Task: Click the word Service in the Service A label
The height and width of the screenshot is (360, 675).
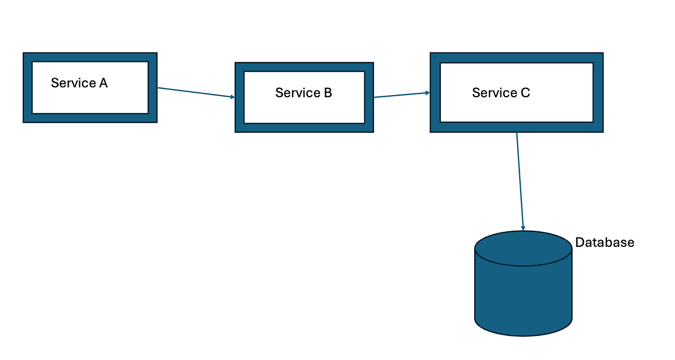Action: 73,83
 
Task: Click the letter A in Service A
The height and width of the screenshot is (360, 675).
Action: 103,83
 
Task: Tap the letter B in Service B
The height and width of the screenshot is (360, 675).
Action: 327,93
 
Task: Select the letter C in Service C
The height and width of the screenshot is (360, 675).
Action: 525,93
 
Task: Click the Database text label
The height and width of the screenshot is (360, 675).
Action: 604,242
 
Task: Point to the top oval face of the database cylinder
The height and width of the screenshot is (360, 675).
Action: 523,249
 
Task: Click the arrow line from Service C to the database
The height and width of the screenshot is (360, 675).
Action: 520,180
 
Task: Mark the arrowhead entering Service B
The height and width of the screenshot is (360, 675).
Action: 232,97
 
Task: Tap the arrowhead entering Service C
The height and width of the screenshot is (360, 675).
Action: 427,93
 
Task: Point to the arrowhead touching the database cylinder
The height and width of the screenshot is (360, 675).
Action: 524,228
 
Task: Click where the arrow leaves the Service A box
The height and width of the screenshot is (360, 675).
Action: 158,88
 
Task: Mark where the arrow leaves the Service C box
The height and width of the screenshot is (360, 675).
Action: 517,133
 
